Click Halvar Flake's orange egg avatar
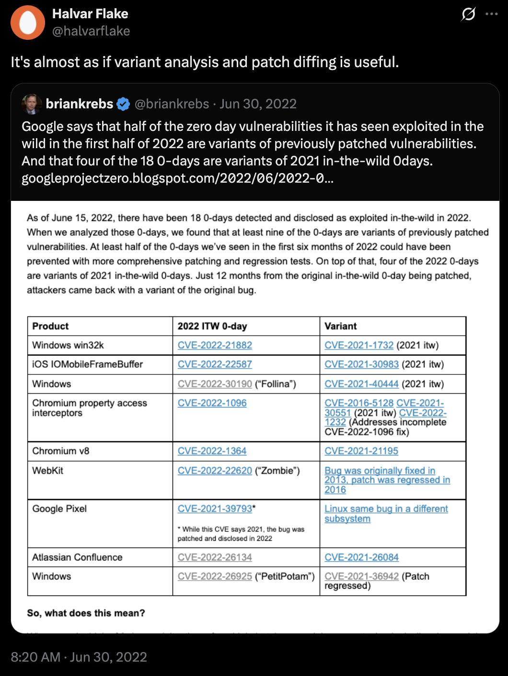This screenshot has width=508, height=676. pyautogui.click(x=28, y=23)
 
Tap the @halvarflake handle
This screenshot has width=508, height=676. pyautogui.click(x=91, y=31)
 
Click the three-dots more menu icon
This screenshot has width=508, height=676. pyautogui.click(x=491, y=14)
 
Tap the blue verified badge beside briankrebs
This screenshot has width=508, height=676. pyautogui.click(x=123, y=104)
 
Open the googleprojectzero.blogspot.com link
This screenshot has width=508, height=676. pyautogui.click(x=177, y=179)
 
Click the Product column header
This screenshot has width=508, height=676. pyautogui.click(x=50, y=326)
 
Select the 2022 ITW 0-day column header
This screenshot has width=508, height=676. pyautogui.click(x=212, y=326)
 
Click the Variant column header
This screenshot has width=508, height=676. pyautogui.click(x=340, y=326)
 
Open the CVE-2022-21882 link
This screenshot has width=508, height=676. pyautogui.click(x=215, y=345)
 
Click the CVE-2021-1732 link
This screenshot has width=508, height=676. pyautogui.click(x=359, y=345)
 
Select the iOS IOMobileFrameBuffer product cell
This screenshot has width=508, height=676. pyautogui.click(x=87, y=364)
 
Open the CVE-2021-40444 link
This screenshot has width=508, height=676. pyautogui.click(x=361, y=384)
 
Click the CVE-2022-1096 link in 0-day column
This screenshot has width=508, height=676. pyautogui.click(x=212, y=403)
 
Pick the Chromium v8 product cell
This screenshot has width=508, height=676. pyautogui.click(x=60, y=451)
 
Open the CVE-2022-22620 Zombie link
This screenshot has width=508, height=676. pyautogui.click(x=215, y=471)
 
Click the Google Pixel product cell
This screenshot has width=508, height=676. pyautogui.click(x=59, y=509)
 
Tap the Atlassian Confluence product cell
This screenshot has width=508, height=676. pyautogui.click(x=77, y=557)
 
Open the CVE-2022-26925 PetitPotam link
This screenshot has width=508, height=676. pyautogui.click(x=215, y=576)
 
